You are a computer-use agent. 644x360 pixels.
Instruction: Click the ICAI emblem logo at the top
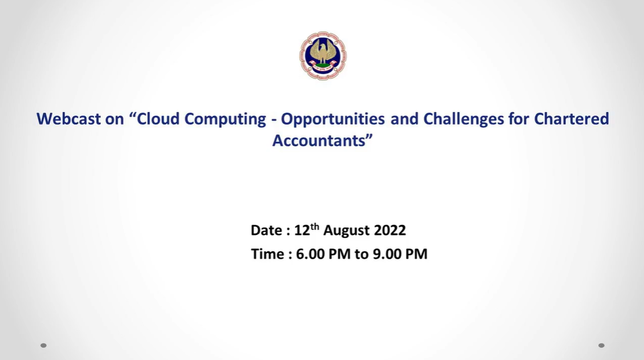[x=323, y=56]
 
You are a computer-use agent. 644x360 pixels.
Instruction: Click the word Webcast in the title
[x=69, y=119]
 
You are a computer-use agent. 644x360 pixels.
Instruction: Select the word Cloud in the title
[x=158, y=119]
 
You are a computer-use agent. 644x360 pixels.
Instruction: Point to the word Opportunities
[x=333, y=119]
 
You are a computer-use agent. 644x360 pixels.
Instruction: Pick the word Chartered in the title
[x=571, y=119]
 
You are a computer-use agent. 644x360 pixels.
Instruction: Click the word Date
[x=266, y=230]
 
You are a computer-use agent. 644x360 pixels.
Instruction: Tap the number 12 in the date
[x=302, y=230]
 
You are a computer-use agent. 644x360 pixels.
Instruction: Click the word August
[x=346, y=231]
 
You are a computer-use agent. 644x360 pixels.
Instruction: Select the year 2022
[x=390, y=230]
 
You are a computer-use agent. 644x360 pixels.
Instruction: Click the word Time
[x=267, y=254]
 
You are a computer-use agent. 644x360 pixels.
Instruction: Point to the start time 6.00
[x=310, y=254]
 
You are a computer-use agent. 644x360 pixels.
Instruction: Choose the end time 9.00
[x=387, y=254]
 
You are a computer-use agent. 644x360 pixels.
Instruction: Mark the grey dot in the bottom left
[x=43, y=345]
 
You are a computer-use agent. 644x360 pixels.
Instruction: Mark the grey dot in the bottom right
[x=601, y=345]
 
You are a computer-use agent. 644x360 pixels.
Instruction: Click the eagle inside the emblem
[x=323, y=52]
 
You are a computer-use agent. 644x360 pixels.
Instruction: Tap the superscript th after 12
[x=314, y=226]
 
